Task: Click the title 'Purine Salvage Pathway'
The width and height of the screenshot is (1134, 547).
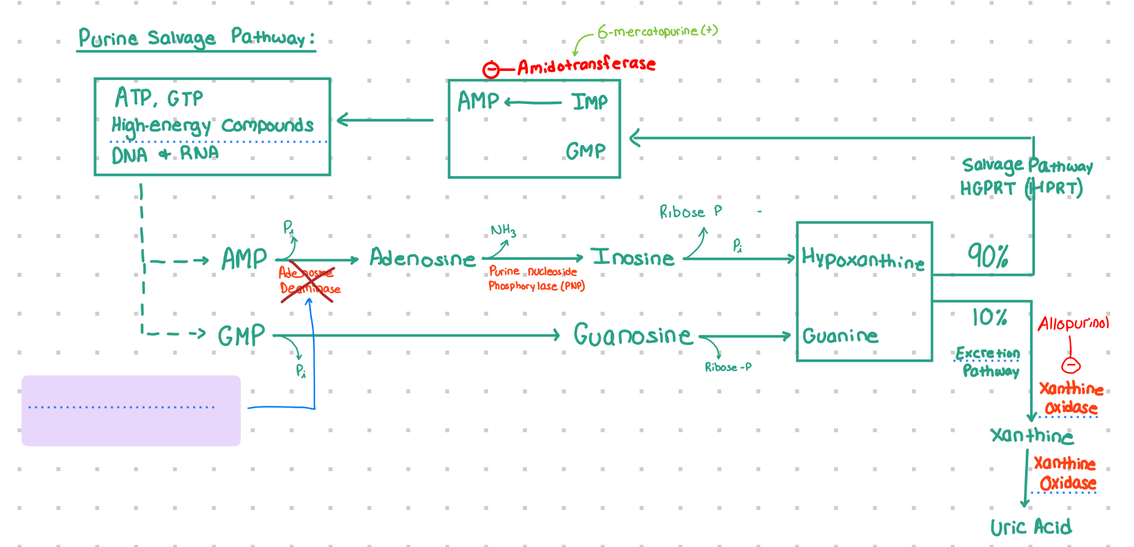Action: click(196, 38)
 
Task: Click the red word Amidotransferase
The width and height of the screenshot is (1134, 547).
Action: click(586, 65)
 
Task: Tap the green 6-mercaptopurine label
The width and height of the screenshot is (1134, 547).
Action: click(657, 31)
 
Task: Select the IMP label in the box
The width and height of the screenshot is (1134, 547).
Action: click(590, 101)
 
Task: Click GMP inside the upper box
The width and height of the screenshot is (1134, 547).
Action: click(585, 150)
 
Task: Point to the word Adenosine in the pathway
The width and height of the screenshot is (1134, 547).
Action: click(422, 259)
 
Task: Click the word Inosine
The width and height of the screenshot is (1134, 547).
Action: click(632, 258)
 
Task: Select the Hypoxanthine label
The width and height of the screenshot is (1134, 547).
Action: click(863, 260)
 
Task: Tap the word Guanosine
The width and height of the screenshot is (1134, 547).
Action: click(632, 335)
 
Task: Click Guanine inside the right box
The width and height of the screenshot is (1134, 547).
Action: click(840, 336)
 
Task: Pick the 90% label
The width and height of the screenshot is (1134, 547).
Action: click(987, 255)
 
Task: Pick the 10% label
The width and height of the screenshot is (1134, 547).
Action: click(989, 317)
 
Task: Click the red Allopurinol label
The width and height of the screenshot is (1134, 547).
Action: click(1073, 323)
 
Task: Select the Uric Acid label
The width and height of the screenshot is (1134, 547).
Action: click(1031, 527)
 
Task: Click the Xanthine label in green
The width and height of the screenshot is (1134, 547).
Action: click(1032, 435)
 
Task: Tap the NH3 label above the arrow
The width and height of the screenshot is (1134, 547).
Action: click(503, 230)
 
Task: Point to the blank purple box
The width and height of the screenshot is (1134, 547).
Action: click(131, 410)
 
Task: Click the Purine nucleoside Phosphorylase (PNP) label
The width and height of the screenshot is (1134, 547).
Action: click(536, 279)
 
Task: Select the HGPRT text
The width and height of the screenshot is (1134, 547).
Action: click(987, 188)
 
